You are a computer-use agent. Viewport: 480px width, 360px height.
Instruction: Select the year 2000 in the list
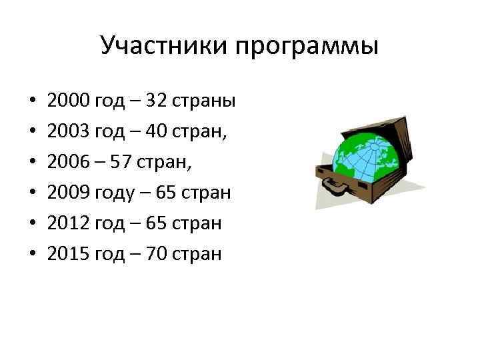click(69, 101)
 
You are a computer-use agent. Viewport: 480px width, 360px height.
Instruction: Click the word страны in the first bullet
click(204, 101)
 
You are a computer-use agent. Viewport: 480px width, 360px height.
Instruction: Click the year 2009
click(69, 193)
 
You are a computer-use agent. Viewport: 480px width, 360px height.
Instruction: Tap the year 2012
click(69, 223)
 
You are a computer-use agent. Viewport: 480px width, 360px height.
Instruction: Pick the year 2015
click(69, 253)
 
